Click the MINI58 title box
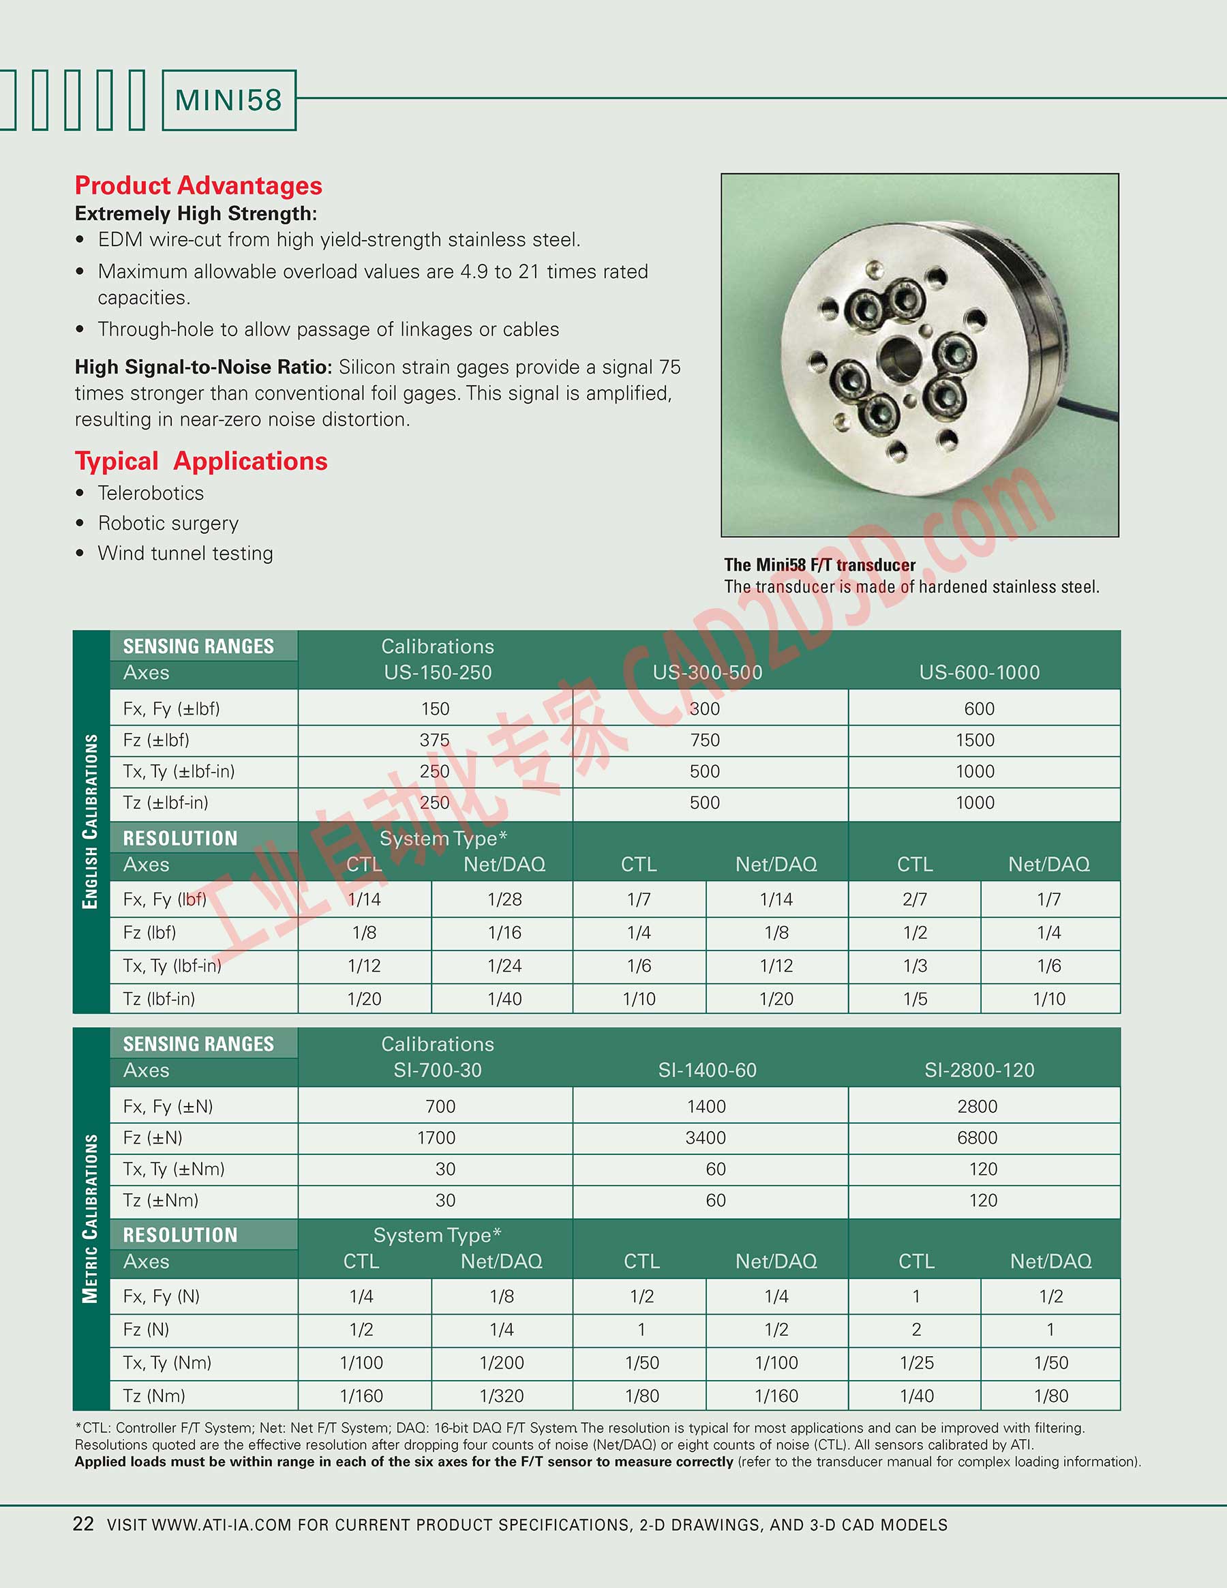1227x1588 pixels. click(228, 100)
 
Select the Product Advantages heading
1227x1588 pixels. click(198, 185)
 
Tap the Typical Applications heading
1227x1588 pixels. click(201, 461)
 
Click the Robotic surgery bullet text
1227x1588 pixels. click(168, 524)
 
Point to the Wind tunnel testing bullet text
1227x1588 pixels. click(185, 554)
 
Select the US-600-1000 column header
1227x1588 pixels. click(979, 672)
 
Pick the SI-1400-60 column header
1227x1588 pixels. click(708, 1070)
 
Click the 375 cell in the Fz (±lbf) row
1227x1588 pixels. click(435, 740)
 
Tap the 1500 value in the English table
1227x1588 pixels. click(975, 740)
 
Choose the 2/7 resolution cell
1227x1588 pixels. click(914, 899)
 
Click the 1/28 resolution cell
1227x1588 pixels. click(504, 899)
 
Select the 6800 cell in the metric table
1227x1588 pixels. click(977, 1138)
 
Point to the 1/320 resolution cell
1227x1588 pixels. click(502, 1396)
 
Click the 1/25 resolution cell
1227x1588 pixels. click(916, 1362)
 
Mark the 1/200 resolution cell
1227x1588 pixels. click(502, 1362)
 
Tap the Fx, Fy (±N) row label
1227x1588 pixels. click(168, 1107)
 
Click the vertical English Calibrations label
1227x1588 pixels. click(90, 822)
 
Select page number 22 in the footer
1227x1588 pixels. click(84, 1524)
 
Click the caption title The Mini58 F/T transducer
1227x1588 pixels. click(819, 565)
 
